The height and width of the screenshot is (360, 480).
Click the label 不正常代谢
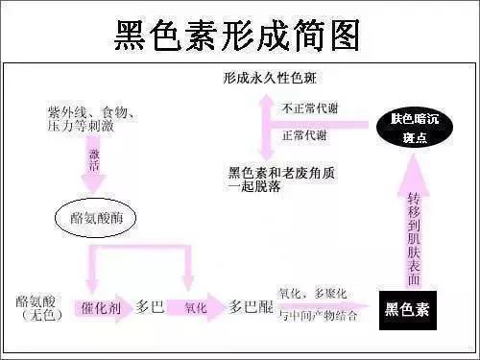tap(309, 109)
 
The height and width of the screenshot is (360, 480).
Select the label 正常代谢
tap(304, 135)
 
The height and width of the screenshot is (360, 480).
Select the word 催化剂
tap(101, 308)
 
